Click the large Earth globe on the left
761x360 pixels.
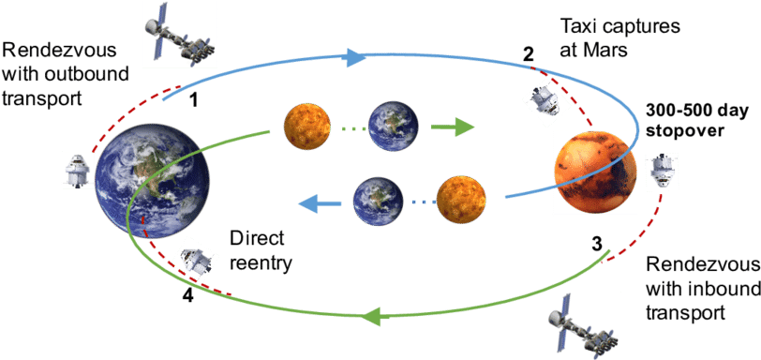pos(154,182)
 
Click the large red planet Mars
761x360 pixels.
pos(597,178)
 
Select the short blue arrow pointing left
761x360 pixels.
pos(315,200)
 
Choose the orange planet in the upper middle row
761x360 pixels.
pos(308,124)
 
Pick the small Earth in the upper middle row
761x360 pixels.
pos(386,124)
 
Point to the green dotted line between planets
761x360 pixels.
pos(348,126)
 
